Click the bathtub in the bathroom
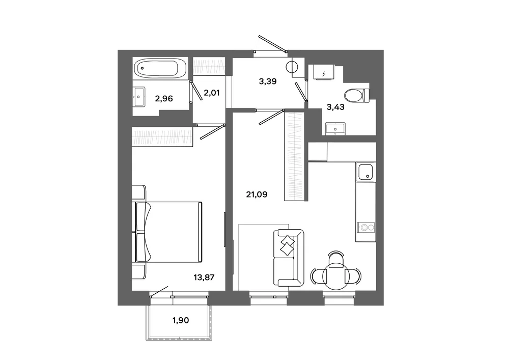[x=160, y=68]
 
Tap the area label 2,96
[x=164, y=98]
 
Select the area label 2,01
[x=212, y=93]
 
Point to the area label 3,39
[x=268, y=81]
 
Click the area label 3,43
[x=335, y=107]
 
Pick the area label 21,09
[x=257, y=195]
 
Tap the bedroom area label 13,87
[x=204, y=277]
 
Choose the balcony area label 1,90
[x=181, y=320]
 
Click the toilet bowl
[x=357, y=95]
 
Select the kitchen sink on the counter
[x=365, y=172]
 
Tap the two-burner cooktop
[x=365, y=227]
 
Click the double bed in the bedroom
[x=167, y=232]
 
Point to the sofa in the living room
[x=289, y=258]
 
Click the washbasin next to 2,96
[x=139, y=97]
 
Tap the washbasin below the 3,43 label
[x=335, y=128]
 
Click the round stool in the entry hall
[x=293, y=67]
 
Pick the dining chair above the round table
[x=336, y=258]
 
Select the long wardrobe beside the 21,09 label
[x=295, y=156]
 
